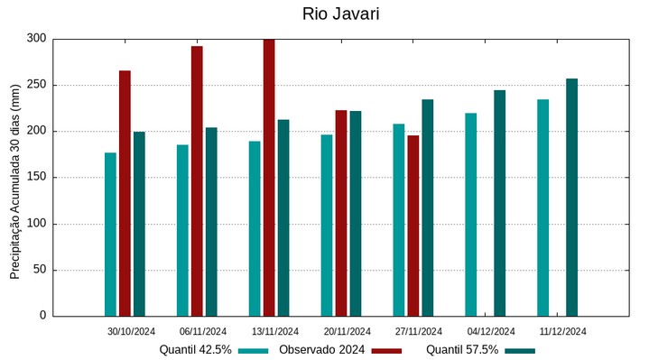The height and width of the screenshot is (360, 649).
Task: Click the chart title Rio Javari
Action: [x=340, y=14]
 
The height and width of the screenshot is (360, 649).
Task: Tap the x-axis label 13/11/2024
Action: [x=275, y=331]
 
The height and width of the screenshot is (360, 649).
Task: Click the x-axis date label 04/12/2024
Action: [x=491, y=331]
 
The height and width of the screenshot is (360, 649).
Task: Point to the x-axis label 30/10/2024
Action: [x=131, y=331]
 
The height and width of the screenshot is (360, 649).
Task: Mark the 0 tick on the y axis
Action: [x=42, y=316]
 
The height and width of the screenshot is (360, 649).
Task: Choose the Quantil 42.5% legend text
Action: [x=196, y=350]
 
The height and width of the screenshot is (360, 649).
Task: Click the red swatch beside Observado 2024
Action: [x=385, y=350]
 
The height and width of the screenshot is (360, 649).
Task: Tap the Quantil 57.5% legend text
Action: [x=462, y=350]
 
